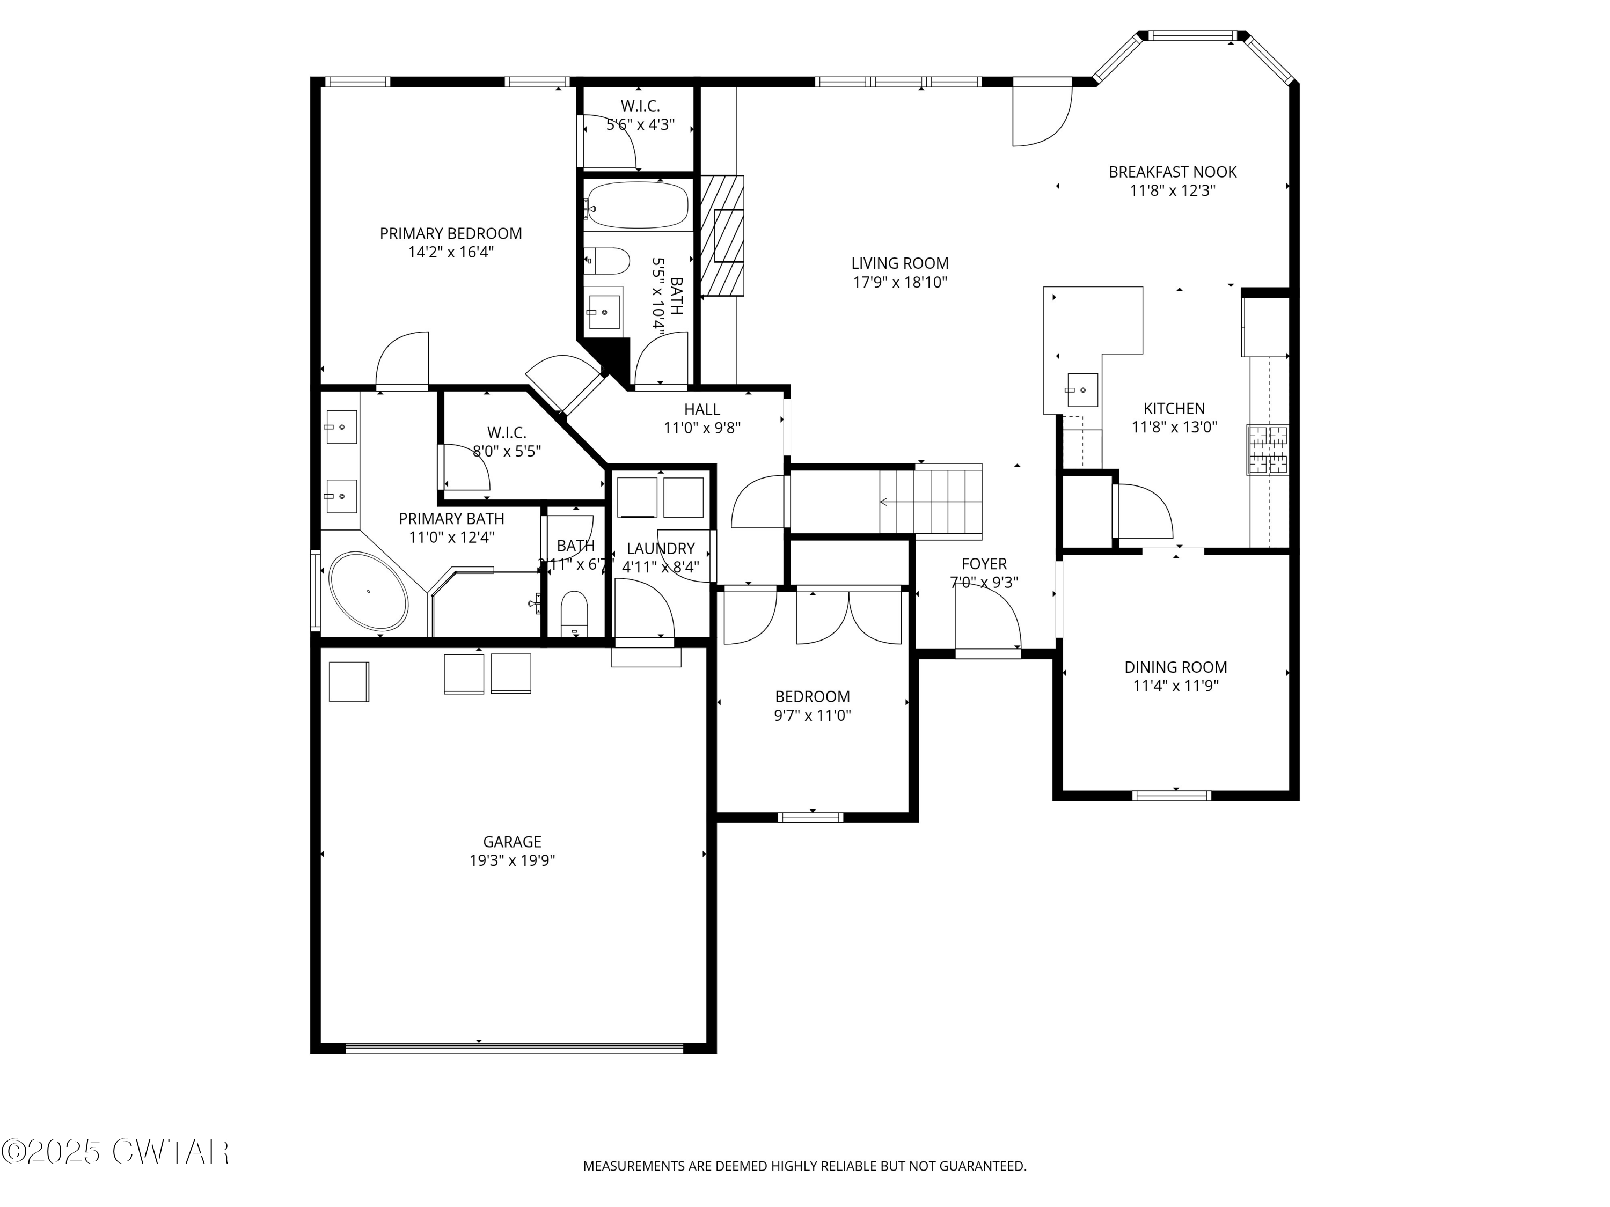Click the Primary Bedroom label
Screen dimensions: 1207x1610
pos(451,233)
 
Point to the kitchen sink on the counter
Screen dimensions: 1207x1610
pos(1081,390)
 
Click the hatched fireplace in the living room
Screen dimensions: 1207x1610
pos(721,235)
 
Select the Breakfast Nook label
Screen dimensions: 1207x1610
pos(1172,172)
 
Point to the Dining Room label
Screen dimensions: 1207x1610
pos(1175,667)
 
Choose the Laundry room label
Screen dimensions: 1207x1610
pos(660,549)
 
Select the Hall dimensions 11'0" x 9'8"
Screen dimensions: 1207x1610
pos(701,428)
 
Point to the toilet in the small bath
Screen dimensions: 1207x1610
pos(575,612)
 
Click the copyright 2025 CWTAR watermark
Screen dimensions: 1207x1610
pos(115,1151)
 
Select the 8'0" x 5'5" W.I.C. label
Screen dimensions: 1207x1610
pos(507,451)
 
